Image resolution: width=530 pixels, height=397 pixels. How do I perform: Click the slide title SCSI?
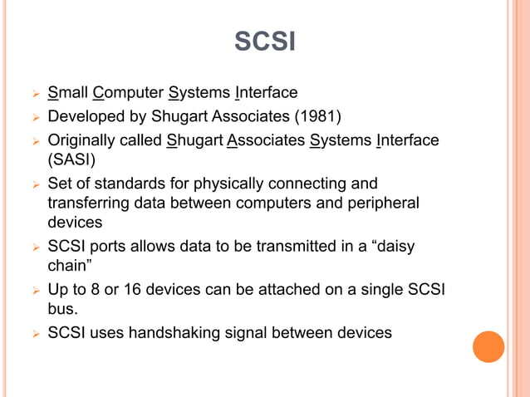(264, 41)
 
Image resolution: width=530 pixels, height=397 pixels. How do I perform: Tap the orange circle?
(488, 346)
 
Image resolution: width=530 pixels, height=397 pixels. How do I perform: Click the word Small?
(68, 92)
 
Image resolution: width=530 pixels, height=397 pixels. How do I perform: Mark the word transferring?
(89, 203)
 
